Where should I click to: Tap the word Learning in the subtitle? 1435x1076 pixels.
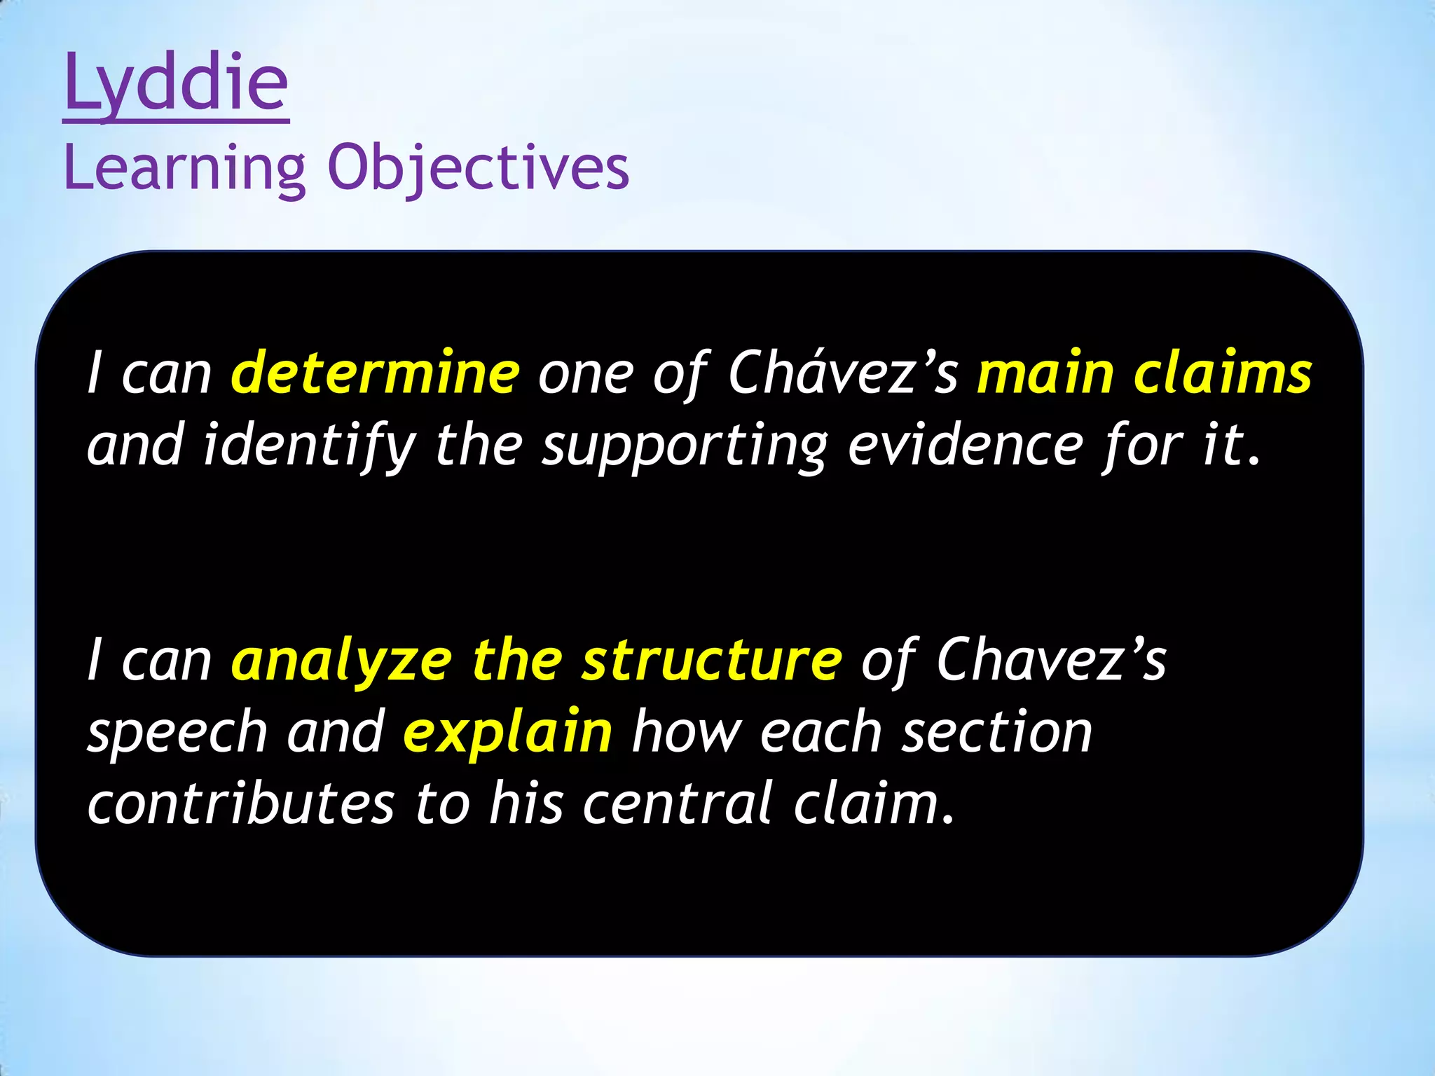click(184, 168)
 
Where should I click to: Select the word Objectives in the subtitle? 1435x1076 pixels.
click(479, 168)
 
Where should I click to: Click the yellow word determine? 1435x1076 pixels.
click(376, 373)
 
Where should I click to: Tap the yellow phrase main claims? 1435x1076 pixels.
click(1144, 373)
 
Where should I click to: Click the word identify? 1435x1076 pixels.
click(309, 446)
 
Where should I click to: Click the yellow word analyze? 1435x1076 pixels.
click(342, 661)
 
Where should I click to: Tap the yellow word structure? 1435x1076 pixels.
click(711, 661)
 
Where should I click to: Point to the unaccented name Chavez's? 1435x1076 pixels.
click(1051, 661)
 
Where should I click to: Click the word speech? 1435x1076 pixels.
click(177, 733)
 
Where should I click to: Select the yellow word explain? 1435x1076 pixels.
click(508, 733)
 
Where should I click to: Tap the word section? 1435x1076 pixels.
click(996, 733)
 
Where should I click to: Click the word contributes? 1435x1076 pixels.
click(240, 803)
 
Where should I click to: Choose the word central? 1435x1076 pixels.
click(678, 803)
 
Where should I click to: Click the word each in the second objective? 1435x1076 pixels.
click(821, 733)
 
